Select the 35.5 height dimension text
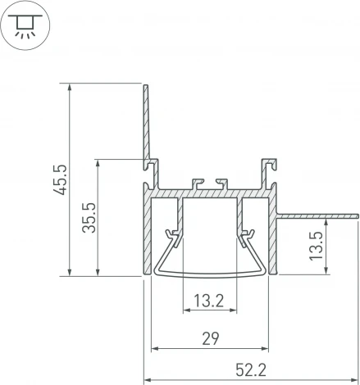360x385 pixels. (90, 217)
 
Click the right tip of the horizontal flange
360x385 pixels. (357, 214)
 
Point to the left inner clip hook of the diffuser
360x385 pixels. (173, 238)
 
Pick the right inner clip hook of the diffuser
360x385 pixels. (246, 238)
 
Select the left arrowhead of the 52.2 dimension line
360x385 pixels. (149, 380)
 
